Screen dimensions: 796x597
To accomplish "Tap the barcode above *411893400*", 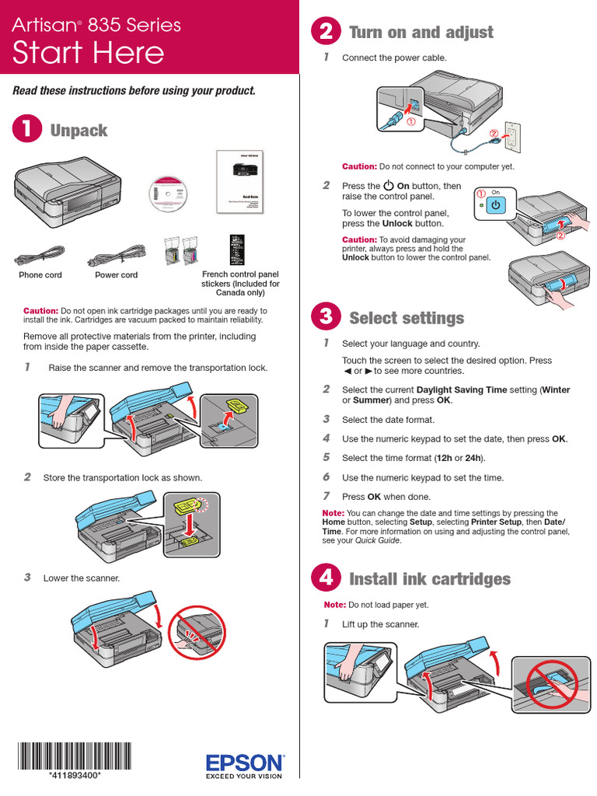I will click(x=74, y=756).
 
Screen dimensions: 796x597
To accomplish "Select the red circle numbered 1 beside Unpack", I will click(x=26, y=130).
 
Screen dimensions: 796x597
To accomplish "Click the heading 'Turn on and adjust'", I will click(x=421, y=32).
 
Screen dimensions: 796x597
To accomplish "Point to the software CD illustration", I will click(x=169, y=194).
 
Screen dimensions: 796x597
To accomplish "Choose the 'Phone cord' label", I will click(x=40, y=275).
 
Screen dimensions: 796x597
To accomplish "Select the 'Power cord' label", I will click(x=117, y=275).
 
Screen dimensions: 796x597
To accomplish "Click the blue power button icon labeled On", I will click(x=497, y=204).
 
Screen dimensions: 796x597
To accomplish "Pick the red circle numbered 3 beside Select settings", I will click(x=325, y=317).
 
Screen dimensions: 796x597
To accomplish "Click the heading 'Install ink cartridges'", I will click(x=430, y=578).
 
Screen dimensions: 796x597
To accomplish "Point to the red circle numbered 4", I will click(x=325, y=578).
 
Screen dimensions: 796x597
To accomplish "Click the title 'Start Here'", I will click(x=89, y=53).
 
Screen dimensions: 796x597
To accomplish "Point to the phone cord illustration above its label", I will click(x=40, y=254).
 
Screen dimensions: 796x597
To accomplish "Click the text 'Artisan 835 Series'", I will click(x=96, y=25).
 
